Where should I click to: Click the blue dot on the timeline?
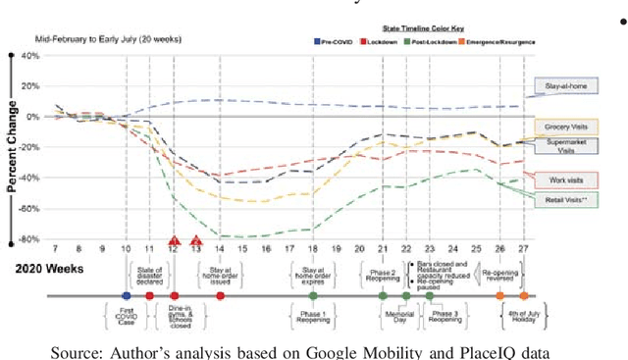[126, 295]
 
